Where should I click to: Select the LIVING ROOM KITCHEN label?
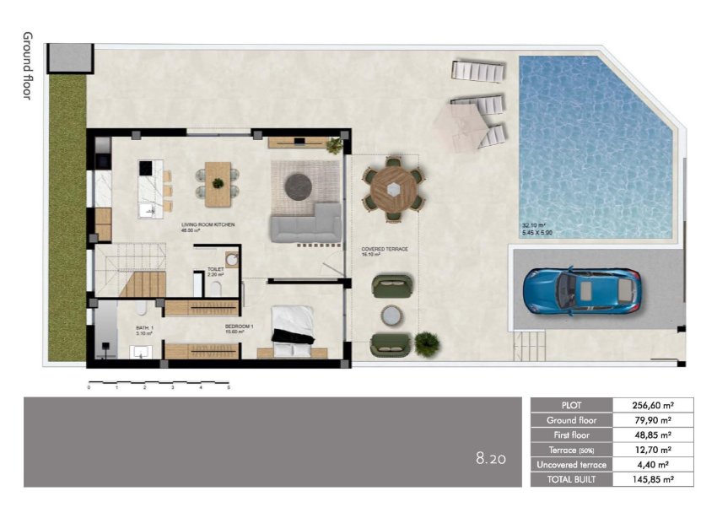208,225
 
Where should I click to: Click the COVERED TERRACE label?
385,250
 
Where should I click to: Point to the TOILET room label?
216,271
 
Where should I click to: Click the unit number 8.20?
491,460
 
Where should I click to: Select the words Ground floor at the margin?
27,66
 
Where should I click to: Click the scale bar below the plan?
159,384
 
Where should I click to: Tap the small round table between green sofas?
391,315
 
